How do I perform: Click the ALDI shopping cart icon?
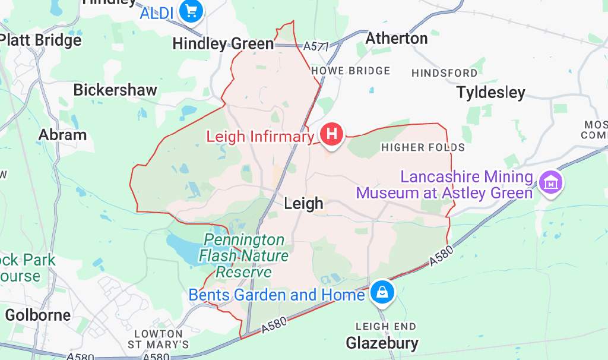191,11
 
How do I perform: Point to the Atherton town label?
397,39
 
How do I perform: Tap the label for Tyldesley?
490,93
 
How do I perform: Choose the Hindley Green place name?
223,44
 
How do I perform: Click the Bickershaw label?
115,90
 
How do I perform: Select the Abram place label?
62,135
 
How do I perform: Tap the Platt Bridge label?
40,40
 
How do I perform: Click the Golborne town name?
38,315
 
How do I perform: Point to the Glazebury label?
382,343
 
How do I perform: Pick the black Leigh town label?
303,204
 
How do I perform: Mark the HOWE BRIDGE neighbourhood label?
351,71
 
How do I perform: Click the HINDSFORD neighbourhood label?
444,73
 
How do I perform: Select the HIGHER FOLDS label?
423,147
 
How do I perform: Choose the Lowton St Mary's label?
159,339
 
